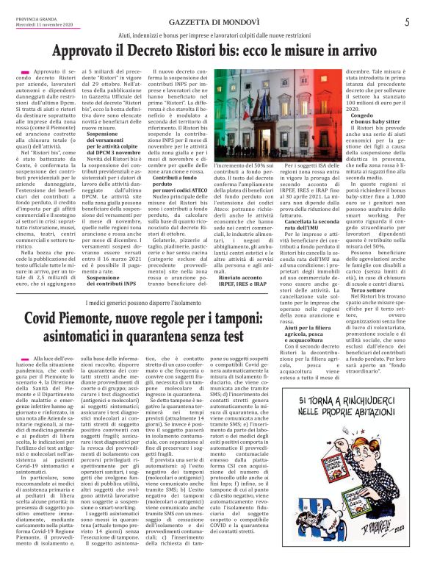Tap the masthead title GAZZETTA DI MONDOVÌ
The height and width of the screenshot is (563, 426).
click(212, 23)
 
